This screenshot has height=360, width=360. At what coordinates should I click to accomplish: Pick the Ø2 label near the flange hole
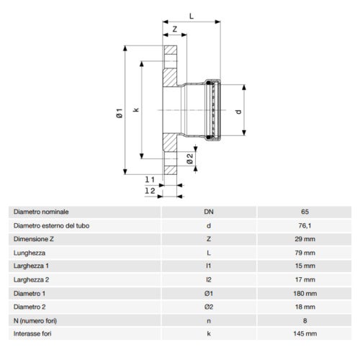tap(189, 158)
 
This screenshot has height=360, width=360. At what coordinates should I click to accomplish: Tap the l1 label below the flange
tap(148, 178)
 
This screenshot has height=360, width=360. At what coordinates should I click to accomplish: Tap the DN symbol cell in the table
tap(208, 212)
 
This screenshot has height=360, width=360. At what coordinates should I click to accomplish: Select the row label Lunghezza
tap(30, 253)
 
